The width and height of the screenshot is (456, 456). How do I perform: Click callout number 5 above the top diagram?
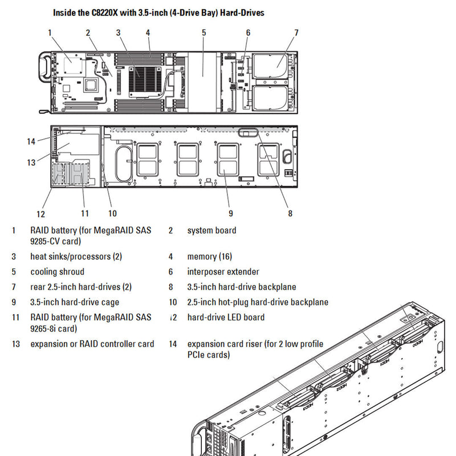[203, 32]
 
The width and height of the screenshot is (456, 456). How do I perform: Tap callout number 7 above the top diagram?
[296, 32]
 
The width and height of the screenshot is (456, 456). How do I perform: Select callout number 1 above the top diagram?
[50, 32]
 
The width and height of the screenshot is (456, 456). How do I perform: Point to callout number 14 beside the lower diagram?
[31, 141]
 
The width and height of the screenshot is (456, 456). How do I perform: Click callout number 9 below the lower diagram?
[231, 213]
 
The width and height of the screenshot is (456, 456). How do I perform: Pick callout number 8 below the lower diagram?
[290, 213]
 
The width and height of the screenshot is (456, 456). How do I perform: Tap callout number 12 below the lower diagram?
[40, 214]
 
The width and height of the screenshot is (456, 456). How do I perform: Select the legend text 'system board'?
[211, 230]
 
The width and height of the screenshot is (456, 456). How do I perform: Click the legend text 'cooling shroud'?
[57, 272]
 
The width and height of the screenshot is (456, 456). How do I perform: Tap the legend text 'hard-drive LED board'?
[226, 317]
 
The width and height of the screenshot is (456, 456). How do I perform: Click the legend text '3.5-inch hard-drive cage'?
[75, 302]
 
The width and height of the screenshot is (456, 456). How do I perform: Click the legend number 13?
[16, 344]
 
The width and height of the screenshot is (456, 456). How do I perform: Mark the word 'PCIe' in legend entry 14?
[197, 355]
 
